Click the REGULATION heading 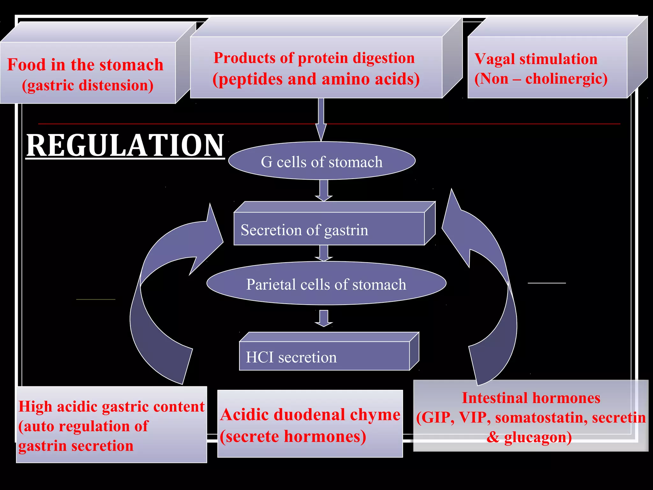tap(125, 145)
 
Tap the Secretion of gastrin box tap(329, 229)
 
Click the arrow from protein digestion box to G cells tap(321, 120)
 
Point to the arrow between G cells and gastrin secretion tap(324, 190)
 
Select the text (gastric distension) tap(88, 85)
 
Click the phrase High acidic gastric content tap(111, 407)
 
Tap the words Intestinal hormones tap(531, 398)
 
